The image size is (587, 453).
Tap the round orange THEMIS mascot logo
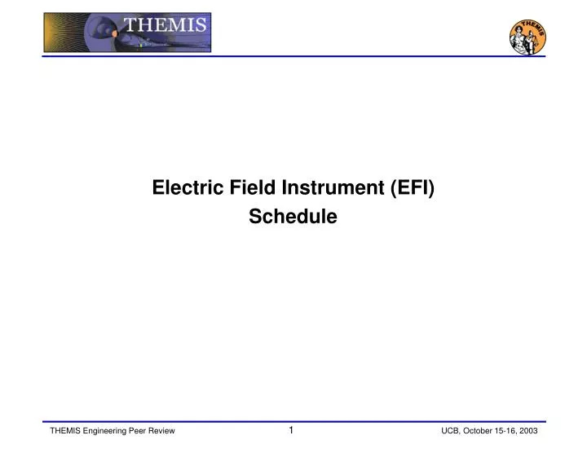click(527, 36)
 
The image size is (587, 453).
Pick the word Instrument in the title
click(333, 188)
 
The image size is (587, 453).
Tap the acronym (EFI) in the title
click(412, 188)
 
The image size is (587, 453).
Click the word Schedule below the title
click(293, 217)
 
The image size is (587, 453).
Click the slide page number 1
click(291, 429)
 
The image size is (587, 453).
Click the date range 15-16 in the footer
click(510, 430)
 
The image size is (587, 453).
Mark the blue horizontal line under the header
click(293, 56)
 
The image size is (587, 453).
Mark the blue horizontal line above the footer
click(293, 421)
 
